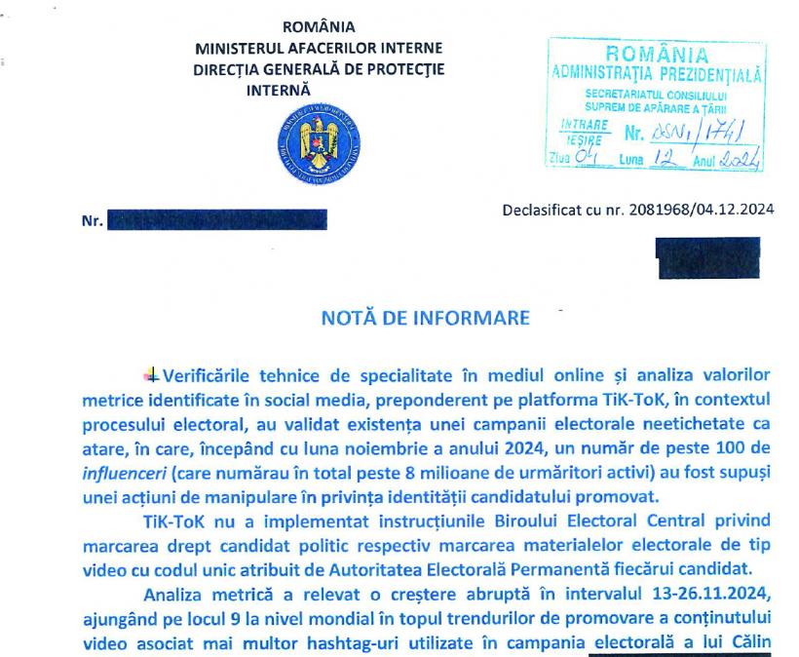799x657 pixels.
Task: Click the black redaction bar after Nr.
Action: click(x=215, y=219)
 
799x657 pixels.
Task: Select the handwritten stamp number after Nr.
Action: click(x=694, y=131)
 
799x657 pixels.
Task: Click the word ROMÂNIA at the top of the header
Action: click(x=318, y=26)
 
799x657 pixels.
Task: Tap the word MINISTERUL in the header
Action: click(x=239, y=47)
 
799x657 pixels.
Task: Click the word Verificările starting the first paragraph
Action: click(x=216, y=375)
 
